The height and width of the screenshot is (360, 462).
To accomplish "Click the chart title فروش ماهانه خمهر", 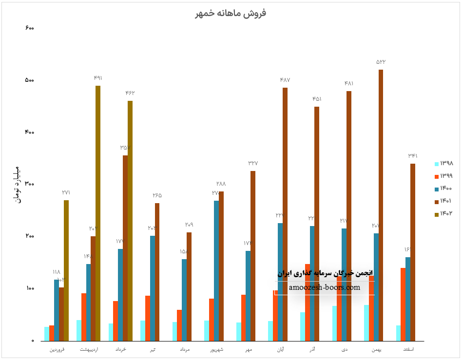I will (231, 14).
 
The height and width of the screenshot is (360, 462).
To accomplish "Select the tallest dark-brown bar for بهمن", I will (381, 205).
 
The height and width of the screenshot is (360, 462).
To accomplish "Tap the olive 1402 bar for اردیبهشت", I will (98, 213).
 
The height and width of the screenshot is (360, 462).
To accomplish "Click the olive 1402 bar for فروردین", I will (66, 270).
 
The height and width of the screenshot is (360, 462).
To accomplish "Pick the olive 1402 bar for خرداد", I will (130, 221).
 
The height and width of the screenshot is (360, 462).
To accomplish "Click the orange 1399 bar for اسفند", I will (403, 304).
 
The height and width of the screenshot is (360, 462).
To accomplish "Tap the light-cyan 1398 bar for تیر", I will (143, 330).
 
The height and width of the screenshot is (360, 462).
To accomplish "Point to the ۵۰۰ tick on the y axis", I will (29, 80).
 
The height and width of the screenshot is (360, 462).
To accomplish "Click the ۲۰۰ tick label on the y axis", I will (29, 236).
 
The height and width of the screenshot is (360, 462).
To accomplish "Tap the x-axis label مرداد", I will (184, 350).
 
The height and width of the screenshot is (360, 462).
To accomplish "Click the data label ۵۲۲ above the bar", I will (381, 62).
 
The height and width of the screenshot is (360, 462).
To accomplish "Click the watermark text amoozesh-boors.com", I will (324, 287).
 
